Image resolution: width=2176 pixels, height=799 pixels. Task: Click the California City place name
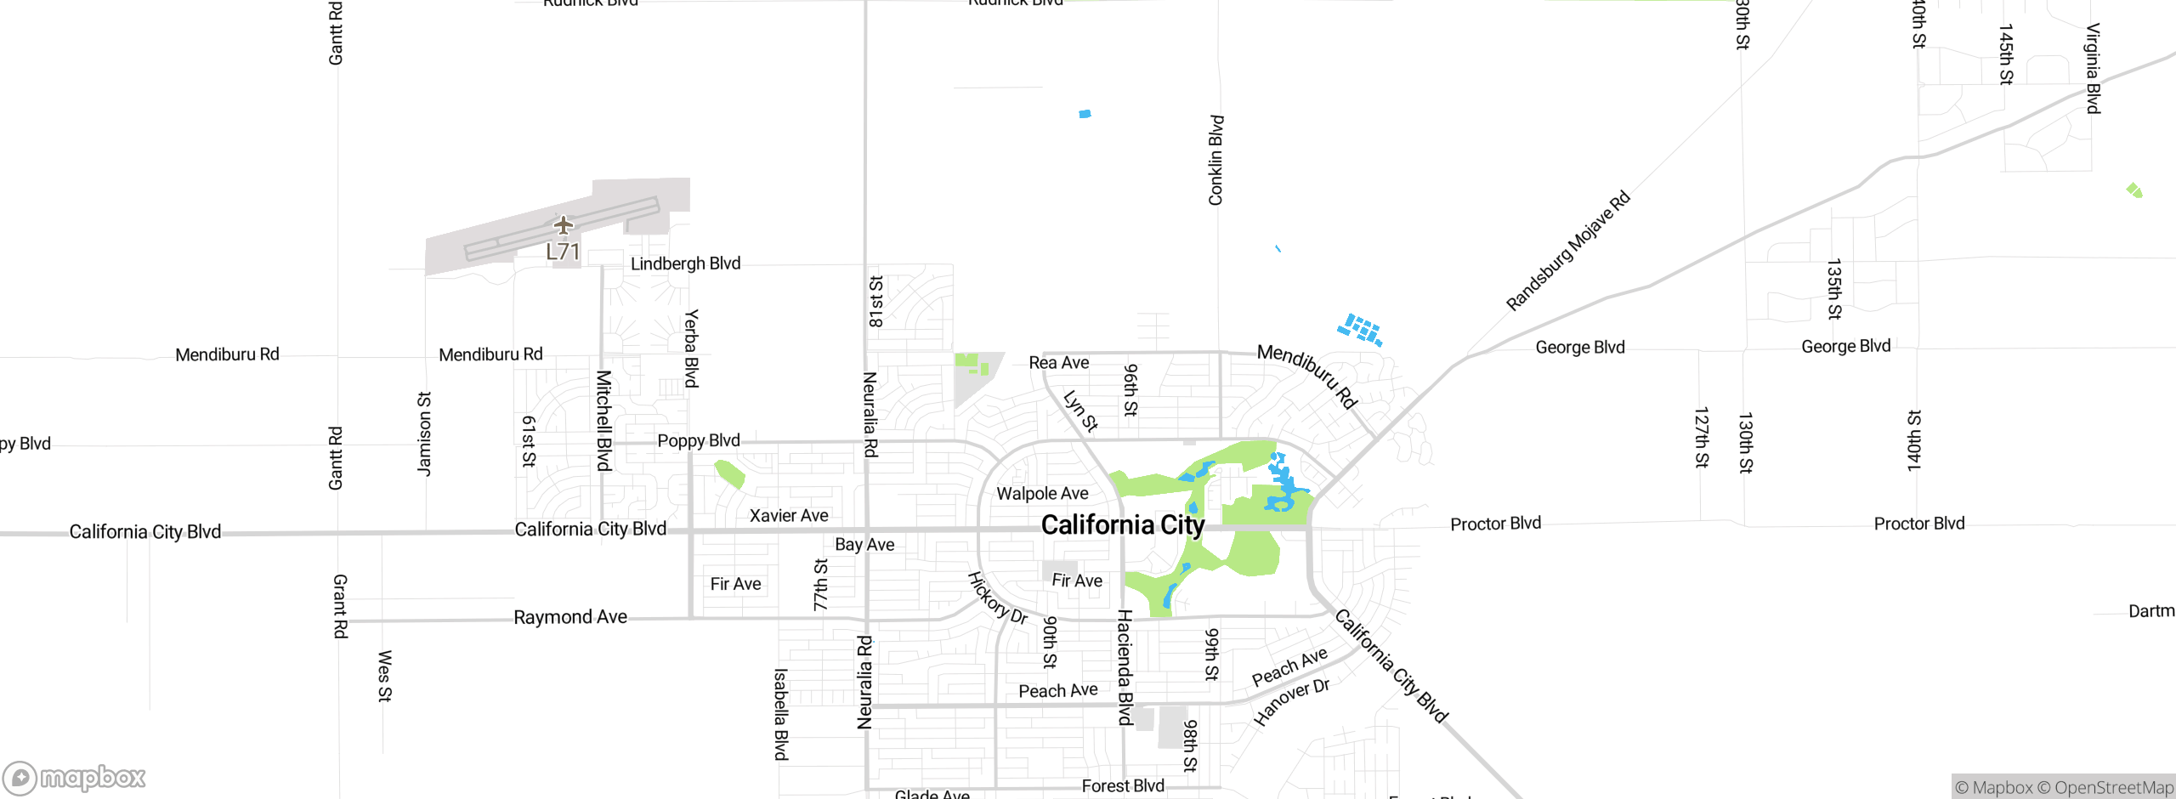tap(1122, 525)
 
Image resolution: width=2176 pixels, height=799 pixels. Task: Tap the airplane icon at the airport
tap(563, 225)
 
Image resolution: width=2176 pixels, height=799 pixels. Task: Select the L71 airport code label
tap(563, 252)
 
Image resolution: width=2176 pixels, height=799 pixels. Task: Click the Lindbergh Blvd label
tap(685, 263)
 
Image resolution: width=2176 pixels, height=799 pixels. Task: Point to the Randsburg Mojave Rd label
tap(1567, 251)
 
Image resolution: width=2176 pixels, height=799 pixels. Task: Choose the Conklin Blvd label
tap(1215, 161)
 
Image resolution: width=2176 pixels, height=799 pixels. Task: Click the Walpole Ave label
tap(1042, 494)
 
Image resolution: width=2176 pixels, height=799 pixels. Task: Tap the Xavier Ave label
tap(789, 515)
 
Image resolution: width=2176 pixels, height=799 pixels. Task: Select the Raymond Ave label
tap(570, 617)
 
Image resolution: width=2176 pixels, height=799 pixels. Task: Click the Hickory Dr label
tap(998, 598)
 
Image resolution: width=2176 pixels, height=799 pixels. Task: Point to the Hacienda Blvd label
tap(1125, 666)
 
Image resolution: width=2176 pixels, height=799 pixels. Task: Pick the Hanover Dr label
tap(1291, 701)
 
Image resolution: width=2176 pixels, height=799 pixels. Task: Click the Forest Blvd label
tap(1123, 786)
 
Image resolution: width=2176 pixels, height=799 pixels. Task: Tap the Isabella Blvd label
tap(780, 714)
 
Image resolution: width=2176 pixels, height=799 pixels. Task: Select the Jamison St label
tap(424, 433)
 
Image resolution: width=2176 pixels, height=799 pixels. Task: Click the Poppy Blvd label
tap(699, 440)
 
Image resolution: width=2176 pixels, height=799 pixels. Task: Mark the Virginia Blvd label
tap(2093, 68)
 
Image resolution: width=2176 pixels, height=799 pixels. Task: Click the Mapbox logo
tap(75, 778)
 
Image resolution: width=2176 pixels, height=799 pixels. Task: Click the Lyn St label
tap(1080, 411)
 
